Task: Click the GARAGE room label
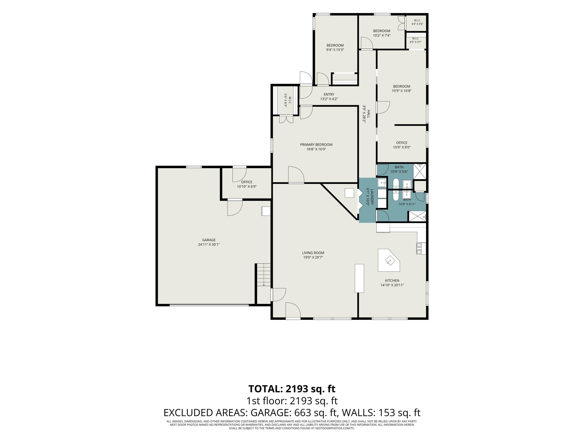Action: (209, 240)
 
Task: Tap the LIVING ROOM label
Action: (313, 253)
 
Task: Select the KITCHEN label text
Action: (392, 281)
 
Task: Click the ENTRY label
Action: (329, 95)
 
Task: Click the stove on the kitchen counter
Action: (419, 248)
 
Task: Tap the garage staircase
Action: (264, 275)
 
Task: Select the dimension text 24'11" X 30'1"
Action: (209, 245)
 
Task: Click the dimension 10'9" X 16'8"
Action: (402, 91)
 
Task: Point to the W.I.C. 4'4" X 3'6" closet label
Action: (417, 22)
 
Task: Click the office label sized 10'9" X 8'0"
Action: (402, 145)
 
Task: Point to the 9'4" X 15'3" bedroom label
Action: (335, 47)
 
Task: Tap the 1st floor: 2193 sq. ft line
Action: (292, 401)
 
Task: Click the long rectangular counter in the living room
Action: (359, 278)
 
